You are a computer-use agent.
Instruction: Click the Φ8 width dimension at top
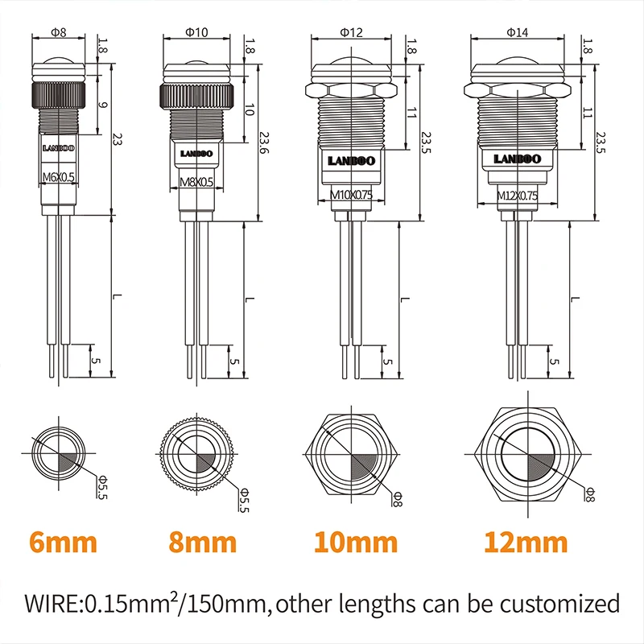[57, 32]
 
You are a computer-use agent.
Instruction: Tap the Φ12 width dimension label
[351, 32]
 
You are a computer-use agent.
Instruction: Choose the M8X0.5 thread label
[196, 183]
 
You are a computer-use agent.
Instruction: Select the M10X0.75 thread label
[351, 194]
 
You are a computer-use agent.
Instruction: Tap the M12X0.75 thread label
[516, 195]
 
